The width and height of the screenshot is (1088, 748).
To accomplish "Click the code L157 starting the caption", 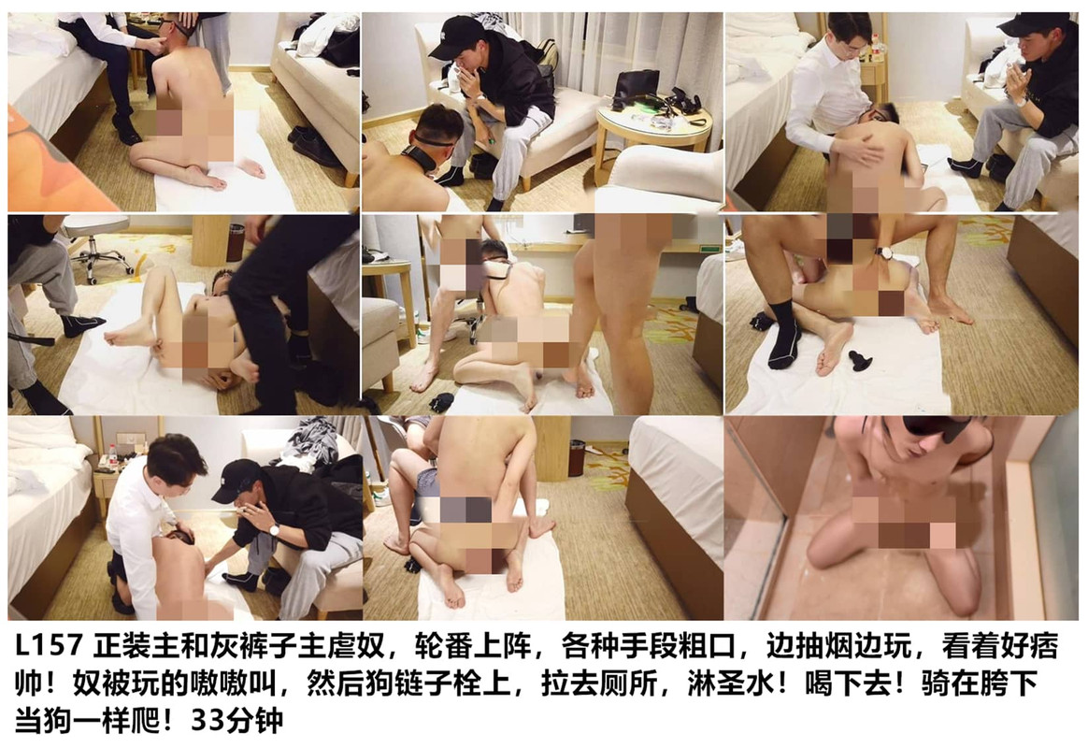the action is click(47, 647).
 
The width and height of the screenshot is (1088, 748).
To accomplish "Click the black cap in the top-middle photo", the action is click(453, 37).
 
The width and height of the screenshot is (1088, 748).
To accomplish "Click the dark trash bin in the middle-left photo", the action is click(236, 242).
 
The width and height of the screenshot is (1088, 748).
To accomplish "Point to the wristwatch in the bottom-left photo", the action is click(275, 530).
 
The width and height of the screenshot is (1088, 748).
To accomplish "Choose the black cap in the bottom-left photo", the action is click(236, 480).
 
